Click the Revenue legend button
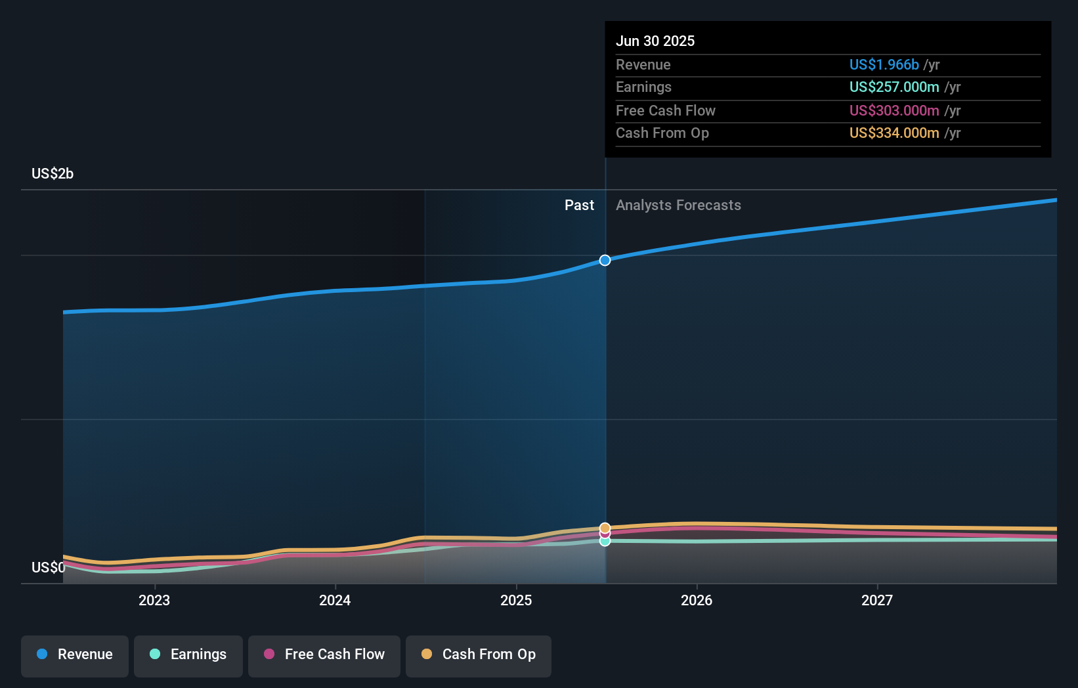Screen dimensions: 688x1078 75,655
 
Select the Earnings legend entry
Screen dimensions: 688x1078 188,655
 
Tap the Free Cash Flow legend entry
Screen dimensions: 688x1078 324,655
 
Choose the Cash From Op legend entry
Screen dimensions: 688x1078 479,655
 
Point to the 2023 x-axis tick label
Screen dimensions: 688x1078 154,600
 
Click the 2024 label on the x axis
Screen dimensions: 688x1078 335,600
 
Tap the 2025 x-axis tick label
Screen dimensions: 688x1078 516,600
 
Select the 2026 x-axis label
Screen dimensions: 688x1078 697,600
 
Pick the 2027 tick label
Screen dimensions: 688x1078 877,600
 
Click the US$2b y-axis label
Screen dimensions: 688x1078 53,174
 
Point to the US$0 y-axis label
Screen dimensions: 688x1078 48,567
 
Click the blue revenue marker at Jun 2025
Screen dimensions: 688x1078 605,261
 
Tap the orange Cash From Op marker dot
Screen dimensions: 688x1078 605,528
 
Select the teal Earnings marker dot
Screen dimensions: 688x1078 605,542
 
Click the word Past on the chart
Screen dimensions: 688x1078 579,205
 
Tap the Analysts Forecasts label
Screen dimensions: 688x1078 678,205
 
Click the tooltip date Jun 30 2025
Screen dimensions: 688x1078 655,41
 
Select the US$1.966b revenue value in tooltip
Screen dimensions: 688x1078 884,65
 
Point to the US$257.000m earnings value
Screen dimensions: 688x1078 894,87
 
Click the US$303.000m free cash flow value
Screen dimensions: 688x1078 894,111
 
